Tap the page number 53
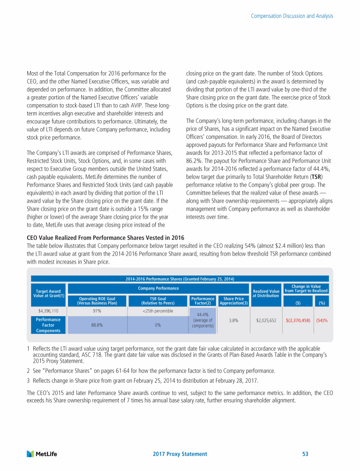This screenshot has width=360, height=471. click(x=305, y=454)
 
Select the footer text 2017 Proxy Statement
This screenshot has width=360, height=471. click(x=180, y=454)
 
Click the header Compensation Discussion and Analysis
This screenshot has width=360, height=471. click(x=292, y=16)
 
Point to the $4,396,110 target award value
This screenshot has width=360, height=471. click(x=48, y=311)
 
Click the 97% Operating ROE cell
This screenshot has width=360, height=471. click(x=97, y=311)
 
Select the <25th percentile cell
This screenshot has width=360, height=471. click(x=158, y=311)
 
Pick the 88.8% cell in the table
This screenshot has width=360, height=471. click(x=97, y=324)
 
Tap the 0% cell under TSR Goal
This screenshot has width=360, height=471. click(x=158, y=324)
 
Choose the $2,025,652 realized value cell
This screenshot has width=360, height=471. click(x=266, y=321)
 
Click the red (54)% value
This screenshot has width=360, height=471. click(x=322, y=321)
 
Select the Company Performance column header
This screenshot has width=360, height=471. click(x=158, y=288)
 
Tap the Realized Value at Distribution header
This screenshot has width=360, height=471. click(x=266, y=293)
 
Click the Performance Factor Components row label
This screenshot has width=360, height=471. click(x=48, y=325)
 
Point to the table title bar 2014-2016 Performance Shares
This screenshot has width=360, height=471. click(x=180, y=280)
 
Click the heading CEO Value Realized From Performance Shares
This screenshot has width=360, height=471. click(x=105, y=237)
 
